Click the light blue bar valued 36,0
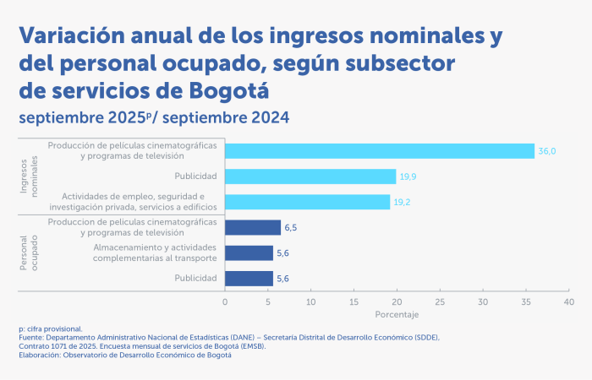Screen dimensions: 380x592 click(380, 151)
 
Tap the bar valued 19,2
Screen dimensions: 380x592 click(307, 202)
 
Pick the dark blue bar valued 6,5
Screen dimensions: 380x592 click(253, 227)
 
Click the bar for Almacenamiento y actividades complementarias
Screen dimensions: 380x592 click(249, 252)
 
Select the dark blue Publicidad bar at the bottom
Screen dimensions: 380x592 click(249, 278)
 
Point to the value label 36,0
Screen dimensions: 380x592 click(547, 151)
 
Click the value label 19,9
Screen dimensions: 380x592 click(408, 176)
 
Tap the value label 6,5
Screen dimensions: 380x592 click(292, 227)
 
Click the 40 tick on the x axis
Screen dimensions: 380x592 click(568, 301)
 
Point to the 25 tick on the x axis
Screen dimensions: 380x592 click(440, 301)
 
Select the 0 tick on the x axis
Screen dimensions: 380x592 click(225, 301)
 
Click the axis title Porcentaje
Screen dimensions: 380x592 click(396, 314)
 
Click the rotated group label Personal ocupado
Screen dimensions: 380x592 click(30, 252)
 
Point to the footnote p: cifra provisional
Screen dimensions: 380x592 click(51, 328)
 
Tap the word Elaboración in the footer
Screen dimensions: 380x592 click(41, 355)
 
